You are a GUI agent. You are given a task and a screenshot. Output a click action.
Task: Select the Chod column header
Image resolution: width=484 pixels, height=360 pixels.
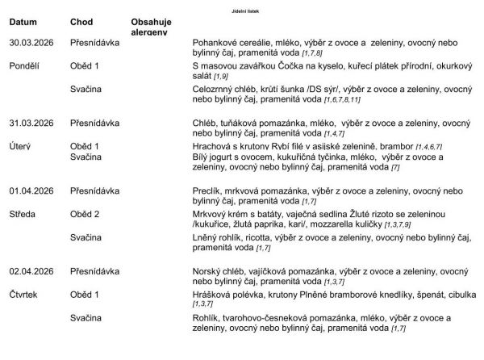(81, 22)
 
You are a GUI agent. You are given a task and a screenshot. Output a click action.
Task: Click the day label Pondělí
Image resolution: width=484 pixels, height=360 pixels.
(26, 65)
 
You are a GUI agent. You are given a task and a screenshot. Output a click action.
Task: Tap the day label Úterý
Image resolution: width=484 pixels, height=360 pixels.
(21, 146)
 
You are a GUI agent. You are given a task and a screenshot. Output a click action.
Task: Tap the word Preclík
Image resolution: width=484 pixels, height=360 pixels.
(209, 192)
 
